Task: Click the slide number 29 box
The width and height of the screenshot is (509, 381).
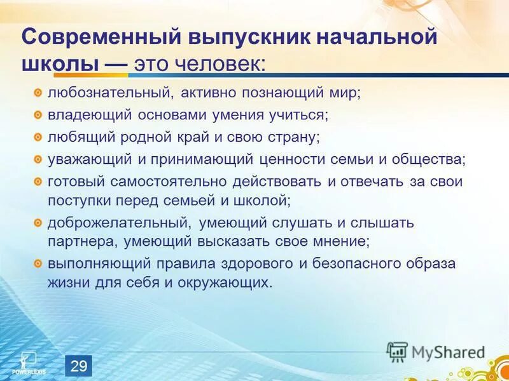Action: tap(79, 365)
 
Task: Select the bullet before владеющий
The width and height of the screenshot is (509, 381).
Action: tap(38, 115)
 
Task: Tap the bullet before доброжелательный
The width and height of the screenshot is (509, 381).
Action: tap(38, 223)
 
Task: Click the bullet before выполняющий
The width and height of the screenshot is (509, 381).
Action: tap(38, 264)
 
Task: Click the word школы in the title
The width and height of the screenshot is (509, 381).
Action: tap(60, 64)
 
